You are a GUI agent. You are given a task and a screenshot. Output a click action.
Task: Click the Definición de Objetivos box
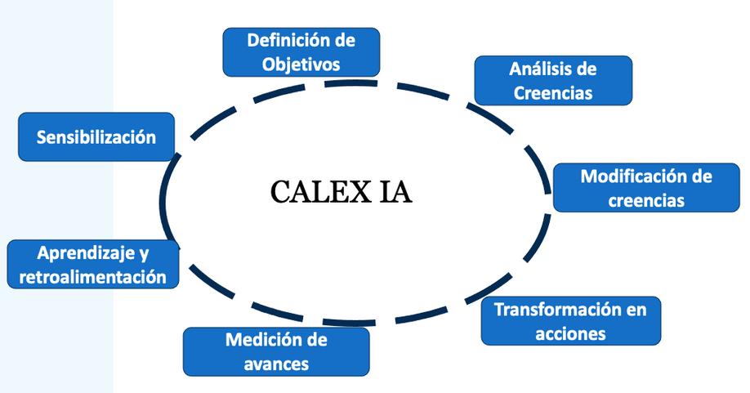pyautogui.click(x=301, y=51)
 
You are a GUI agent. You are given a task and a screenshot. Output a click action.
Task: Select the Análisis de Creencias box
pyautogui.click(x=553, y=80)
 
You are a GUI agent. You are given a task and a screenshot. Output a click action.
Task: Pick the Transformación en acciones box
pyautogui.click(x=570, y=321)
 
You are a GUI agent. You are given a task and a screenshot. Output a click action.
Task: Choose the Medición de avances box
pyautogui.click(x=276, y=351)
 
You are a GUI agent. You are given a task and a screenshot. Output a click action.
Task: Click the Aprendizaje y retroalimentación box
pyautogui.click(x=92, y=265)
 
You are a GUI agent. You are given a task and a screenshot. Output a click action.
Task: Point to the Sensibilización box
pyautogui.click(x=96, y=136)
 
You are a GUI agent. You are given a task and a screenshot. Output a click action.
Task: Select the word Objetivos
pyautogui.click(x=301, y=64)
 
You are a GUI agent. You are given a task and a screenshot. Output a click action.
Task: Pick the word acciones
pyautogui.click(x=570, y=333)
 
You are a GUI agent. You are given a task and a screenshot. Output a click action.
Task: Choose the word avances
pyautogui.click(x=276, y=364)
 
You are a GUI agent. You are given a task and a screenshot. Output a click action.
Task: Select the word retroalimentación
pyautogui.click(x=92, y=277)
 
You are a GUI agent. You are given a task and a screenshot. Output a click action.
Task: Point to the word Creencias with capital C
pyautogui.click(x=553, y=92)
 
